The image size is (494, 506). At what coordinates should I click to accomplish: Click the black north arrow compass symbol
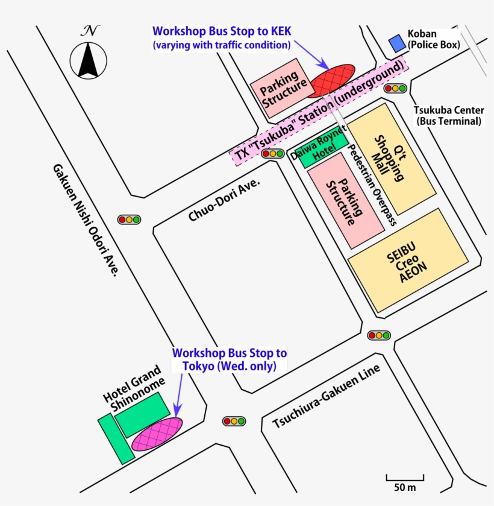click(89, 59)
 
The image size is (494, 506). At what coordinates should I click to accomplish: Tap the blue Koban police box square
click(396, 43)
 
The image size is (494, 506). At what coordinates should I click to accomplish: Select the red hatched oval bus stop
click(331, 80)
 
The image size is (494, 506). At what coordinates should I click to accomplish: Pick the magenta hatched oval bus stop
click(157, 434)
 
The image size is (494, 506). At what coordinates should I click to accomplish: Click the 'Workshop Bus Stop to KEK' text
click(222, 31)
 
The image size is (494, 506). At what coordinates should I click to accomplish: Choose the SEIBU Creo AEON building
click(407, 261)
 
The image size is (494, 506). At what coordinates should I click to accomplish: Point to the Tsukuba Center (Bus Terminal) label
click(449, 116)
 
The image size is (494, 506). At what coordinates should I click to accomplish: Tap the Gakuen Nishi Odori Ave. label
click(84, 220)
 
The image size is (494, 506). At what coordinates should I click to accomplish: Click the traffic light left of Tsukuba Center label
click(395, 89)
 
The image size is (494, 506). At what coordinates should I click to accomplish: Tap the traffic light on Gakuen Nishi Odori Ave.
click(129, 220)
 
